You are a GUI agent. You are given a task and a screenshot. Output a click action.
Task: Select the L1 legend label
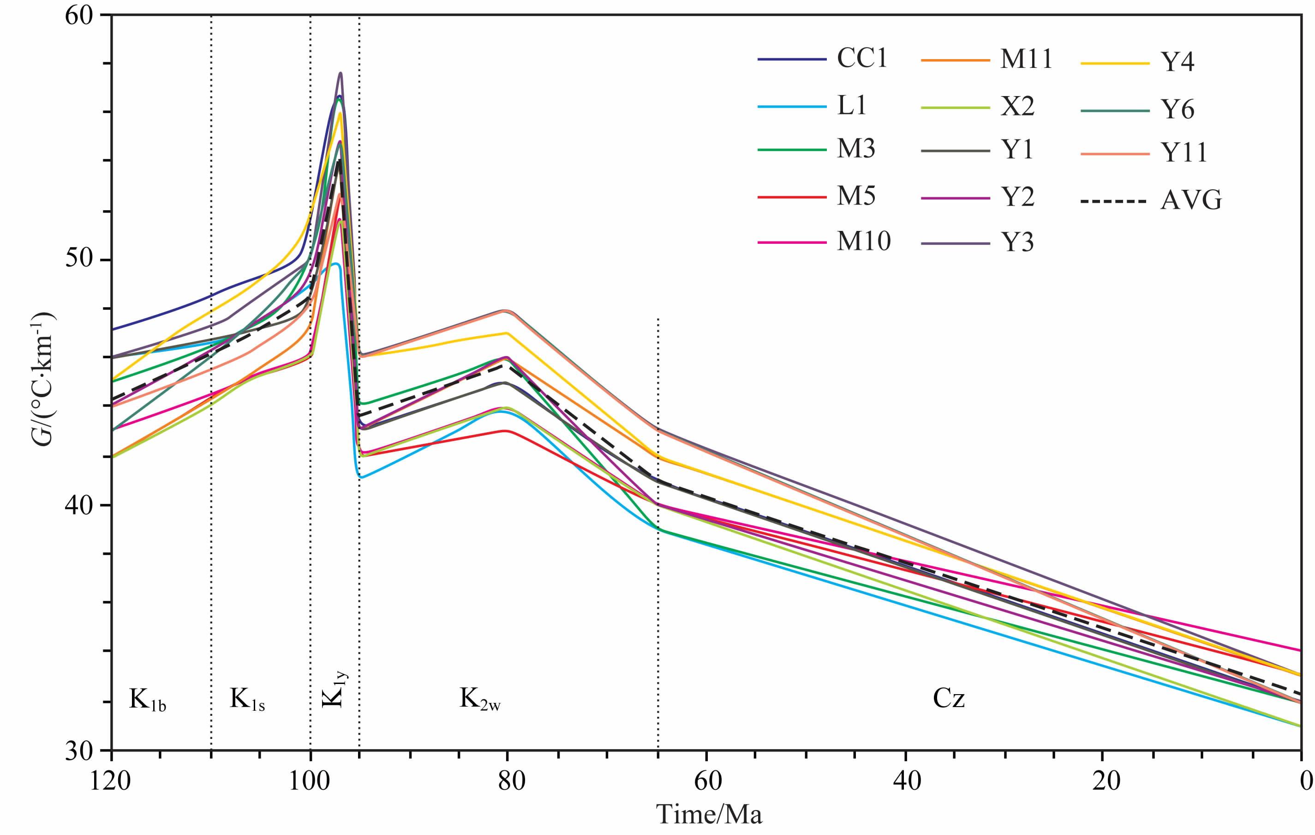[851, 105]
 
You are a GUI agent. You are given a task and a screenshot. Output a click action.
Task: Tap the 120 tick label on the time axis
[110, 781]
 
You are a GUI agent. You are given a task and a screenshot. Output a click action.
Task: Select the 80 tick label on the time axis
[511, 781]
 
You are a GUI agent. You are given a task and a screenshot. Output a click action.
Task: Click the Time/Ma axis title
[708, 814]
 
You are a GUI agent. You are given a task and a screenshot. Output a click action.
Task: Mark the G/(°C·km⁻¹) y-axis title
[42, 380]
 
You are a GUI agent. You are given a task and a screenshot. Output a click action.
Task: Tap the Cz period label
[949, 698]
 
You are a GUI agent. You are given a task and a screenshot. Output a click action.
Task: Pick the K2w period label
[479, 699]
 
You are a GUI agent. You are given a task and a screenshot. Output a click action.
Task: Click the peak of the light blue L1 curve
[336, 264]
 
